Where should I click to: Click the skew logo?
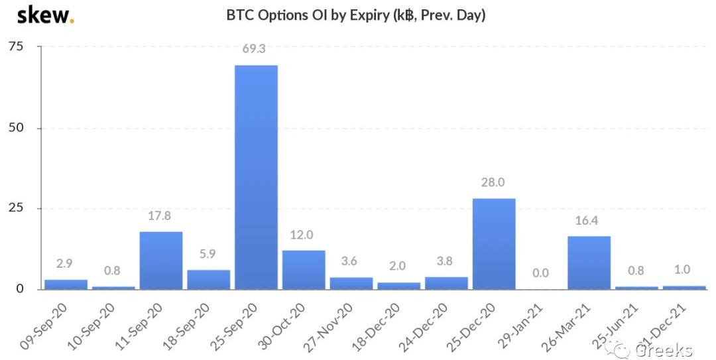point(45,15)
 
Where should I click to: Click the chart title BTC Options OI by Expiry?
point(356,15)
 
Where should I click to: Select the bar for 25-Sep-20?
point(256,177)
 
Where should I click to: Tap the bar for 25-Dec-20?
point(494,243)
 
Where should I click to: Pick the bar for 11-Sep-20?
point(161,260)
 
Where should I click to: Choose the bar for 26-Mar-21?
point(589,263)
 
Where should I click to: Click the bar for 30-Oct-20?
point(304,269)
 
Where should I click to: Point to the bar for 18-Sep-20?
point(208,279)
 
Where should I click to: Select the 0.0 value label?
point(542,272)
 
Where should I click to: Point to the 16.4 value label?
point(589,220)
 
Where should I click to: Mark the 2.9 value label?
point(66,264)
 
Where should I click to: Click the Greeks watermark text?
point(664,350)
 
